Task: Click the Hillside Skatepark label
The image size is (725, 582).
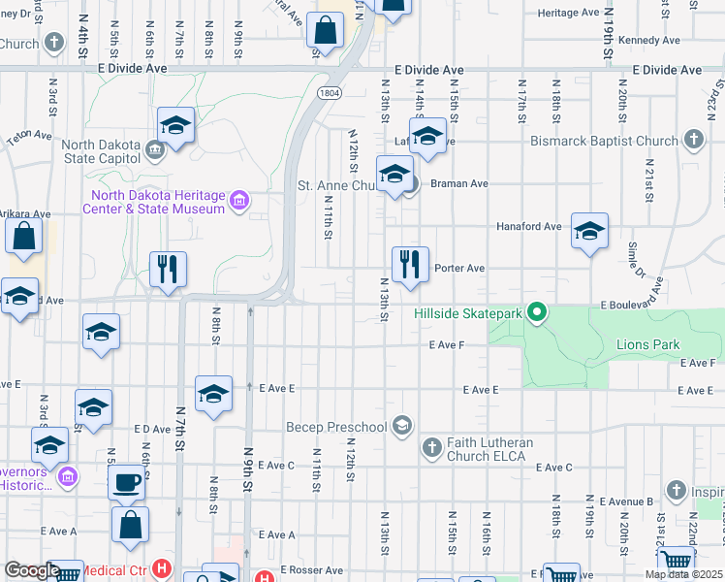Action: [x=468, y=313]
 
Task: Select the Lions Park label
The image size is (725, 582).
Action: [x=647, y=344]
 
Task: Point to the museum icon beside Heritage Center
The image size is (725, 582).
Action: [x=240, y=203]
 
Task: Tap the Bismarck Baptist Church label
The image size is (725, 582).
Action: [x=604, y=141]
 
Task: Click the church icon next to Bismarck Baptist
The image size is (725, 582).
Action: [x=692, y=141]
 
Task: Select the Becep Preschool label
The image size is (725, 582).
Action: [x=335, y=427]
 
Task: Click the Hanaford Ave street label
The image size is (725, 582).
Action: [x=528, y=226]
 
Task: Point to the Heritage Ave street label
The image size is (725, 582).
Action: [x=569, y=13]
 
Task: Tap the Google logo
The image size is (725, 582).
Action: [x=32, y=570]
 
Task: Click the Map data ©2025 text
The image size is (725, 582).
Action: [x=684, y=574]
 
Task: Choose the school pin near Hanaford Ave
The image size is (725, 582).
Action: [x=588, y=231]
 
